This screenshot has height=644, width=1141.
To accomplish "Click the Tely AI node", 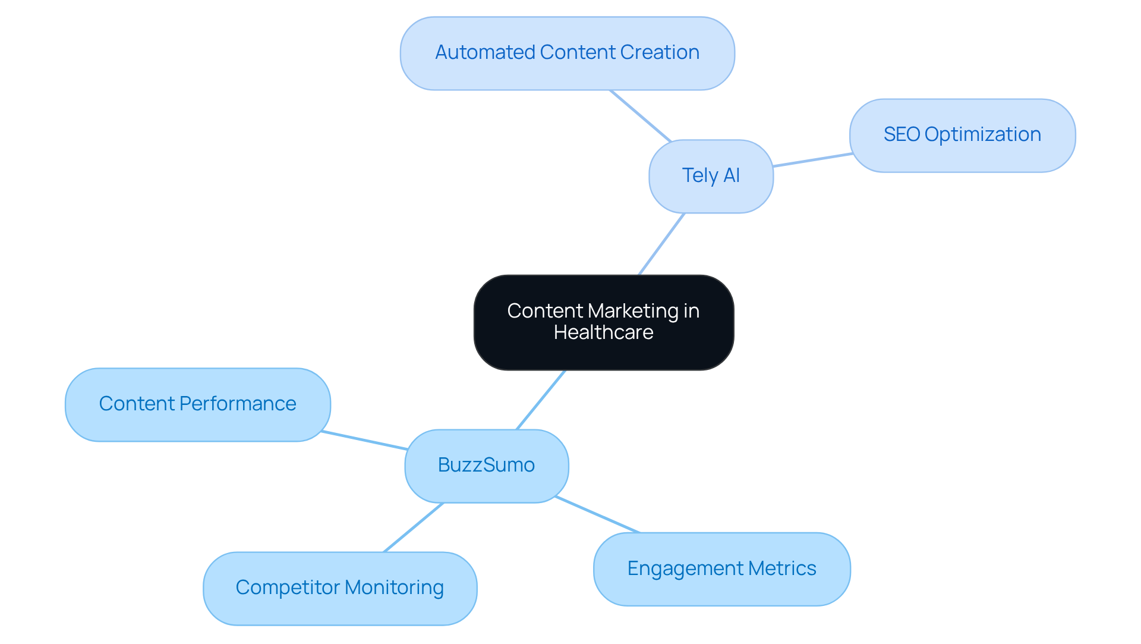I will click(711, 176).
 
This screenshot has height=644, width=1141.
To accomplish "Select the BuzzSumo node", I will click(486, 466).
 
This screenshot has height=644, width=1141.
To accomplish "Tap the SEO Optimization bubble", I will click(962, 135).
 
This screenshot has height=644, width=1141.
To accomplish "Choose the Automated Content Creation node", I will click(567, 53).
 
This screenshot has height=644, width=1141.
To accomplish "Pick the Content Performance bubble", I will click(197, 404).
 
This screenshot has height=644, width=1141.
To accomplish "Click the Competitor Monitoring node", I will click(339, 588).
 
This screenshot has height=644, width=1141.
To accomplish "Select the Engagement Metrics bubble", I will click(721, 569).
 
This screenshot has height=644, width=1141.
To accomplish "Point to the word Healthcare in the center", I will click(603, 332).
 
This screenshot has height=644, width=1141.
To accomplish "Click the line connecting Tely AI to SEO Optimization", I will click(812, 160).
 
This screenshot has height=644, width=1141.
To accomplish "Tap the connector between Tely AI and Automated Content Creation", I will click(640, 115).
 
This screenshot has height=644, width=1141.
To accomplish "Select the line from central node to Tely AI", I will click(661, 244).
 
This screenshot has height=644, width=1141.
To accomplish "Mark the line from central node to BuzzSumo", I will click(541, 400).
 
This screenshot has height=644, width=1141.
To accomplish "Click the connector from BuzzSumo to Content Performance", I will click(364, 440).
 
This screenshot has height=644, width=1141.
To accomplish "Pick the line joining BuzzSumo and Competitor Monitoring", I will click(414, 527).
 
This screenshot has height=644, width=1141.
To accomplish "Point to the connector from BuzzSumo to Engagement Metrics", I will click(597, 514).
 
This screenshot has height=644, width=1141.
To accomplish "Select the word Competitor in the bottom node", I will click(288, 588).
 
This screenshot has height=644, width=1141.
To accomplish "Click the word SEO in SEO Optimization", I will click(902, 135).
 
